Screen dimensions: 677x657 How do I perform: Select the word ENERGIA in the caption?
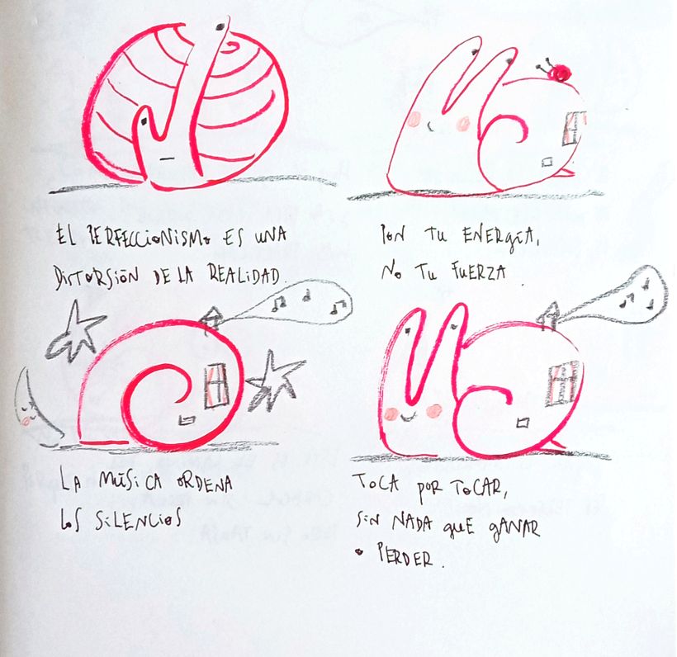click(501, 238)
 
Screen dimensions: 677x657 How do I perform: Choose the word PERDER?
click(405, 557)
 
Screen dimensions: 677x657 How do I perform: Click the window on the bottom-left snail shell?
click(216, 386)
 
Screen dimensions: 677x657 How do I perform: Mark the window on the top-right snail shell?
click(573, 129)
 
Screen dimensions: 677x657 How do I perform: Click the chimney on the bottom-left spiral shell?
click(211, 319)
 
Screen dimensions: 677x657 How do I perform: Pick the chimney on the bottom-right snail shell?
click(548, 316)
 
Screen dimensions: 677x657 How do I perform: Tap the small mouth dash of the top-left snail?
click(167, 158)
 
